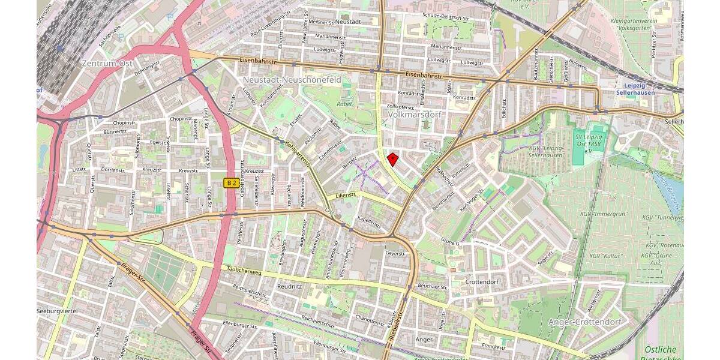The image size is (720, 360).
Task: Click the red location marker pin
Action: click(392, 159)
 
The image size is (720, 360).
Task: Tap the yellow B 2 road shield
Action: click(232, 182)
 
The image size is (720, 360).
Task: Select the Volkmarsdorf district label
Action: click(415, 113)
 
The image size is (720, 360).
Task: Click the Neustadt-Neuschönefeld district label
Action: click(292, 79)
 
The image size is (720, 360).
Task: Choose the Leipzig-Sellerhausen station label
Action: click(638, 89)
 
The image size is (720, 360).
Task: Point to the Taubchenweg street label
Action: click(244, 272)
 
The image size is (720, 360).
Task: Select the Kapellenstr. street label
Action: click(369, 223)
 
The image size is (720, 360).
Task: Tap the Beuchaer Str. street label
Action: click(433, 287)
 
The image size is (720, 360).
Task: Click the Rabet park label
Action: click(344, 103)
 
